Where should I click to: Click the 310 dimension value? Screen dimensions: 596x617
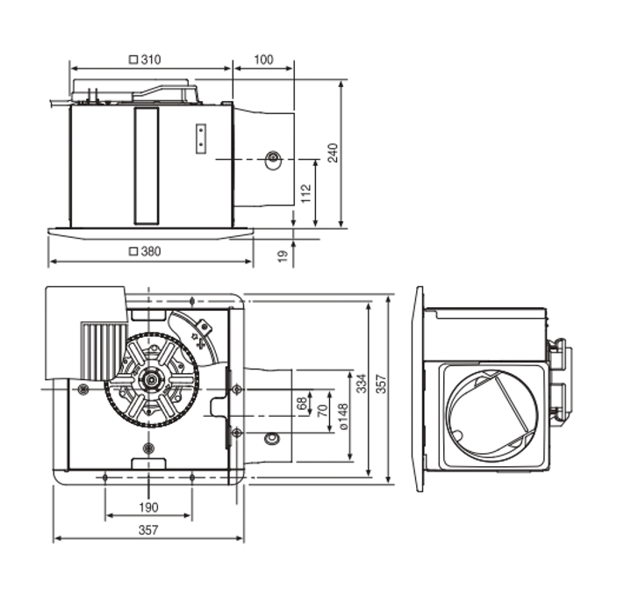point(151,60)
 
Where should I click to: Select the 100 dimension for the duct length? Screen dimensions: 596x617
point(263,60)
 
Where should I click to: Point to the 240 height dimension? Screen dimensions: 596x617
point(333,153)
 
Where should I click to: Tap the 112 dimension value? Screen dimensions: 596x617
point(305,194)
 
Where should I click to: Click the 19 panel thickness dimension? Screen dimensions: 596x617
point(283,255)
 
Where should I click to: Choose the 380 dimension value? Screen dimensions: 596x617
point(151,251)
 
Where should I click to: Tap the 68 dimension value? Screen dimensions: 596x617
point(303,405)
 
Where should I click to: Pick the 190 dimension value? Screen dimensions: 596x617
point(148,506)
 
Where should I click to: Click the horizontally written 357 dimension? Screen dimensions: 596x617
point(148,529)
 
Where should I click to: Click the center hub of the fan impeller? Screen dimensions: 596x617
point(152,381)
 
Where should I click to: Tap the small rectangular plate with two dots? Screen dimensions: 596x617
point(201,139)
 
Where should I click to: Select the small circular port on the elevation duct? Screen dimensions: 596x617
point(273,159)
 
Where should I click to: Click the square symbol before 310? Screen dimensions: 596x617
point(133,60)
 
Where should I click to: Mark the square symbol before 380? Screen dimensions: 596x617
point(133,251)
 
